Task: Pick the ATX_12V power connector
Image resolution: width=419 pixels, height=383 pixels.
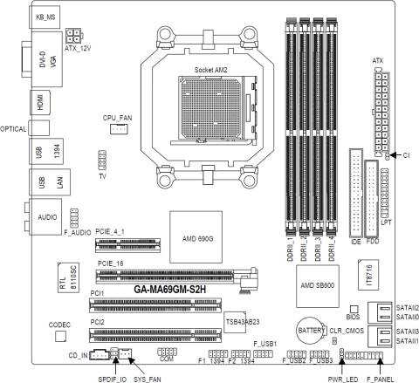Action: [x=72, y=38]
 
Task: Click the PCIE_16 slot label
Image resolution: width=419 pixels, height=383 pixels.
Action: [x=113, y=263]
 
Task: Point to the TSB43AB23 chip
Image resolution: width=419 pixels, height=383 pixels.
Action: [x=241, y=320]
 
